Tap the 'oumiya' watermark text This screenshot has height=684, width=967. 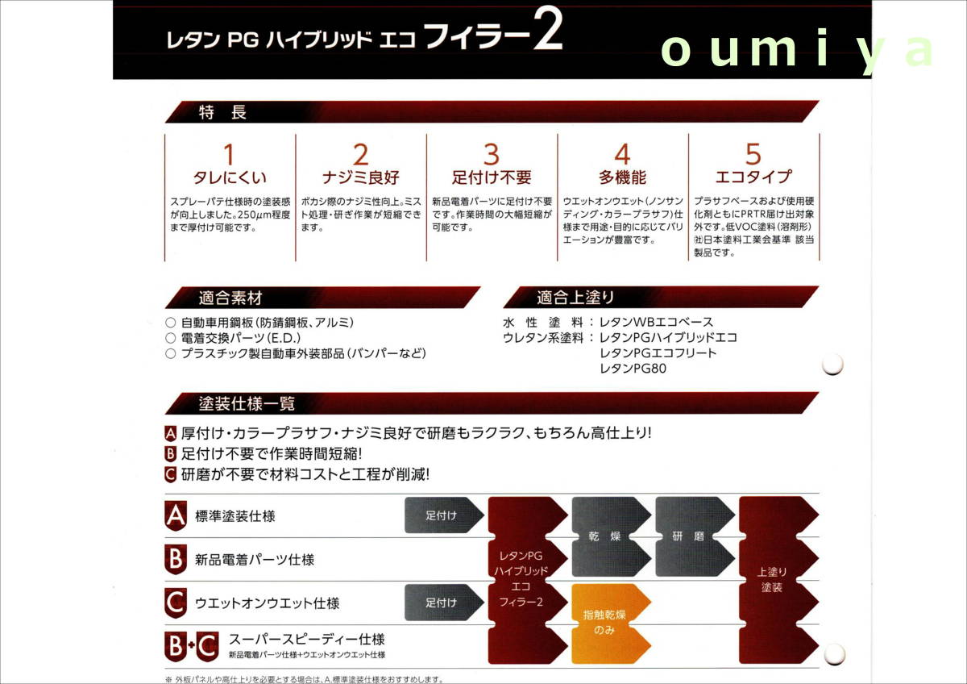coord(798,50)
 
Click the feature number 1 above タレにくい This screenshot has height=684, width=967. coord(230,154)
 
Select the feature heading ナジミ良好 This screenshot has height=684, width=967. coord(360,177)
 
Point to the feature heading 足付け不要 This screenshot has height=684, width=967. coord(492,177)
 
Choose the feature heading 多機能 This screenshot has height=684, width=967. coord(622,177)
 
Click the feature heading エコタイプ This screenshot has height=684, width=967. coord(753,177)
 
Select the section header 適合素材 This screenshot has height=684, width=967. coord(230,298)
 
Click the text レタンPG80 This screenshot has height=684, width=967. coord(633,369)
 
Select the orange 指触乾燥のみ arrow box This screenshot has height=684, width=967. coord(610,622)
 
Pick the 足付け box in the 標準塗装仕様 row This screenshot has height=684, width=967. coord(442,515)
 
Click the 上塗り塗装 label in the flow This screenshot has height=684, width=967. coord(771,579)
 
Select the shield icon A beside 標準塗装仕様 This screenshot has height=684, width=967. coord(176,515)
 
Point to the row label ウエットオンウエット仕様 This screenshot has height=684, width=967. coord(267,603)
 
